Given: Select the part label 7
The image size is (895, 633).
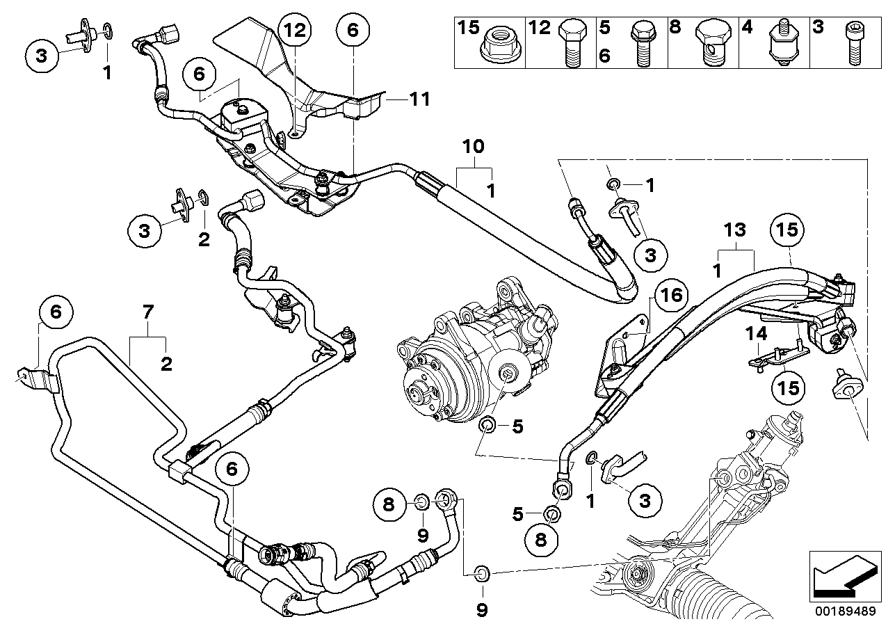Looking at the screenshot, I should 147,314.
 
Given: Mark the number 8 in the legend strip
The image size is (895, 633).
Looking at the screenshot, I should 675,29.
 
